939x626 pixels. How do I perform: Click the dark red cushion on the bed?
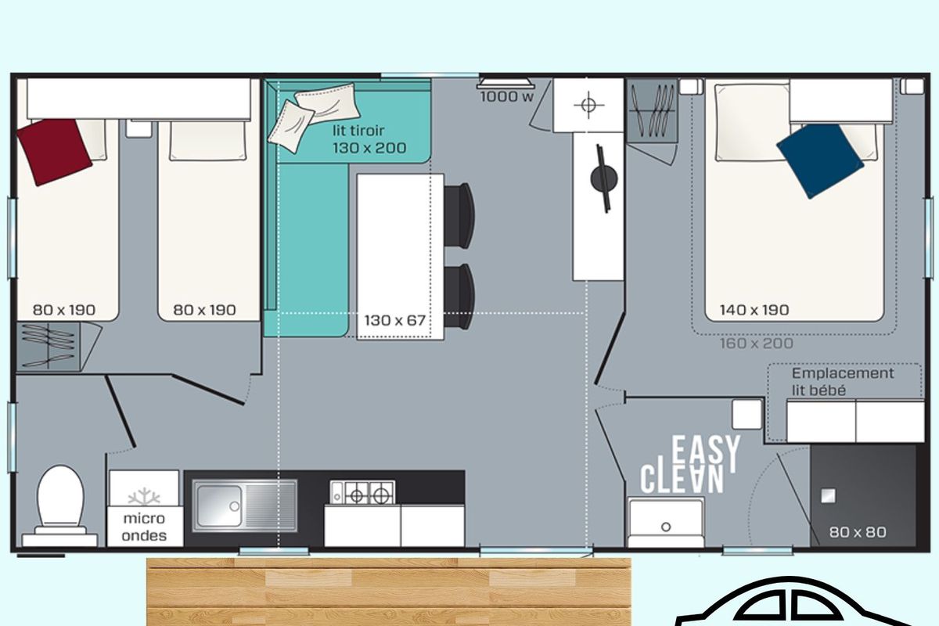[54, 153]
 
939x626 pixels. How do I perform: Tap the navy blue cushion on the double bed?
[820, 160]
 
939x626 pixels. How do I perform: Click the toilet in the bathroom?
[60, 506]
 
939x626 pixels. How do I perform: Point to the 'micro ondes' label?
[144, 527]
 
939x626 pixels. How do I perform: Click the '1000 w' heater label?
[507, 97]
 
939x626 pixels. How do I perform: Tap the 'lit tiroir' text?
[358, 131]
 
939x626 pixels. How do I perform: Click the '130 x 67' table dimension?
[395, 320]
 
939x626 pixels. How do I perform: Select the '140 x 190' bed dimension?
[754, 310]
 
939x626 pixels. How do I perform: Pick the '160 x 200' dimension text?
[756, 344]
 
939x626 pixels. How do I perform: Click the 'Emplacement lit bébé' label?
[843, 382]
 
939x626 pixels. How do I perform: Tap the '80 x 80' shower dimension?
[858, 532]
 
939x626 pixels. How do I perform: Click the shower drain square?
[828, 496]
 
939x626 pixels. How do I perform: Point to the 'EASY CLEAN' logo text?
[690, 465]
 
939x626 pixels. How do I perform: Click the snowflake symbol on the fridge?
[144, 496]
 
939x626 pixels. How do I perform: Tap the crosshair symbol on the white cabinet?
[588, 105]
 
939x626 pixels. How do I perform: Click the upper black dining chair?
[459, 215]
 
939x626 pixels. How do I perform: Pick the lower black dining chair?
[459, 297]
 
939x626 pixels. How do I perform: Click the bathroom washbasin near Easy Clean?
[666, 522]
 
